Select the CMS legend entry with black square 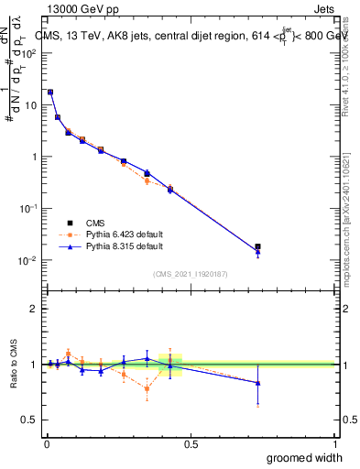[95, 222]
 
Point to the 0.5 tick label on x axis [191, 443]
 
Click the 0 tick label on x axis [46, 443]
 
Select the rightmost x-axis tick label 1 [334, 443]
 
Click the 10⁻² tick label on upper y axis [28, 260]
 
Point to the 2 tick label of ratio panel [34, 309]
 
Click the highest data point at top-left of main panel [50, 92]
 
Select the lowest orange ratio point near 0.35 [147, 388]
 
